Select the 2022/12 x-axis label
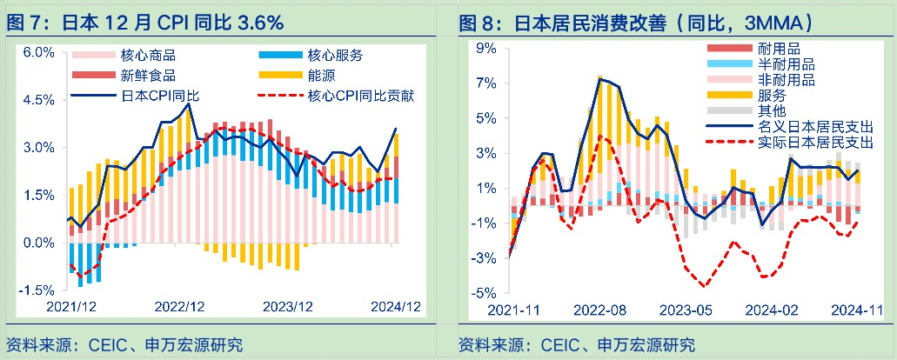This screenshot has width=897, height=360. pos(179,306)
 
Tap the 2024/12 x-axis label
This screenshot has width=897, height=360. pos(397,306)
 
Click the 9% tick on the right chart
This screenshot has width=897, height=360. pos(485,48)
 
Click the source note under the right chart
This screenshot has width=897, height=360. pos(577,344)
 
